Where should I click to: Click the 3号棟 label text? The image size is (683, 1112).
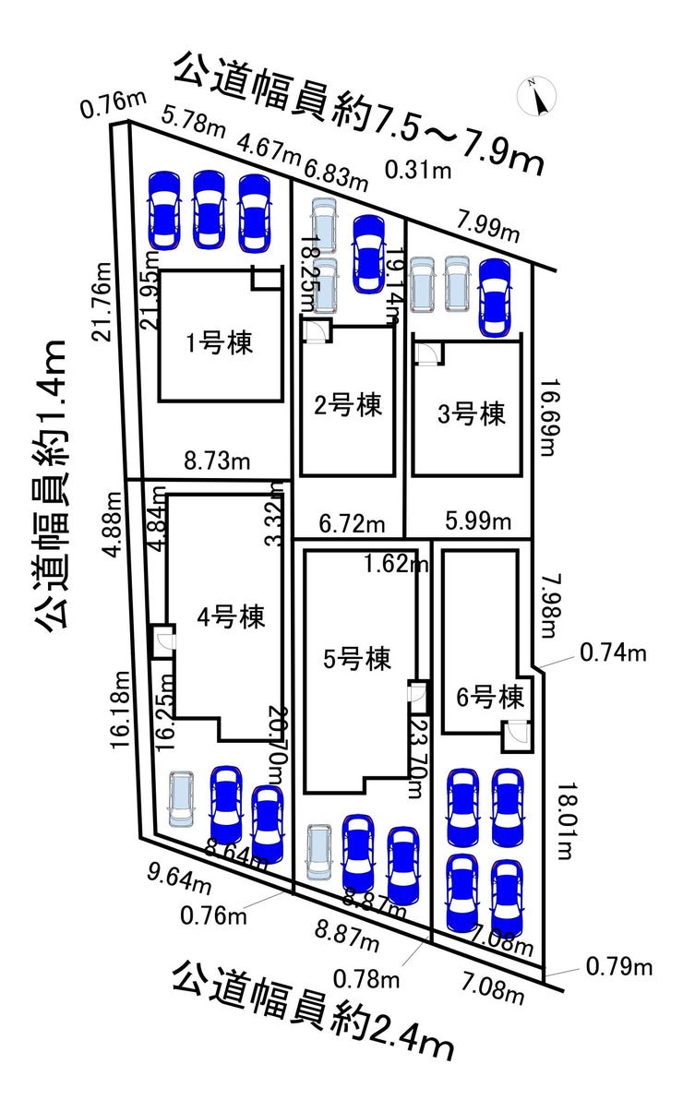(473, 413)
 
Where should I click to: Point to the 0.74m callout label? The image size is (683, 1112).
(613, 653)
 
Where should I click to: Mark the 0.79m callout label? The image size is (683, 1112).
(619, 967)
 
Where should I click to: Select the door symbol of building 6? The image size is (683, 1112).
(515, 732)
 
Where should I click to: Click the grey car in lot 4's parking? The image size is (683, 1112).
(182, 798)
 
